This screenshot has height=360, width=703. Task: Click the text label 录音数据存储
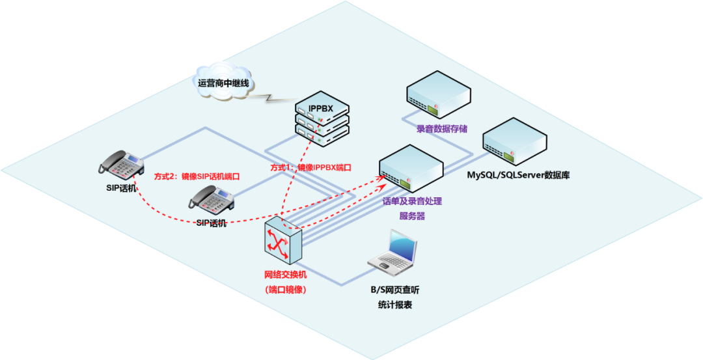442,129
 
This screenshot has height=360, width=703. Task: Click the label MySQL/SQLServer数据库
518,175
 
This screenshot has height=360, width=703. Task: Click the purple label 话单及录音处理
412,202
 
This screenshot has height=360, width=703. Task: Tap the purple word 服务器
411,216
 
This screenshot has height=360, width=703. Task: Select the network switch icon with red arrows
283,241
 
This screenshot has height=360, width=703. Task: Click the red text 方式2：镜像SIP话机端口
197,176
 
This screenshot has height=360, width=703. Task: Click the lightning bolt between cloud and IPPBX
272,99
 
